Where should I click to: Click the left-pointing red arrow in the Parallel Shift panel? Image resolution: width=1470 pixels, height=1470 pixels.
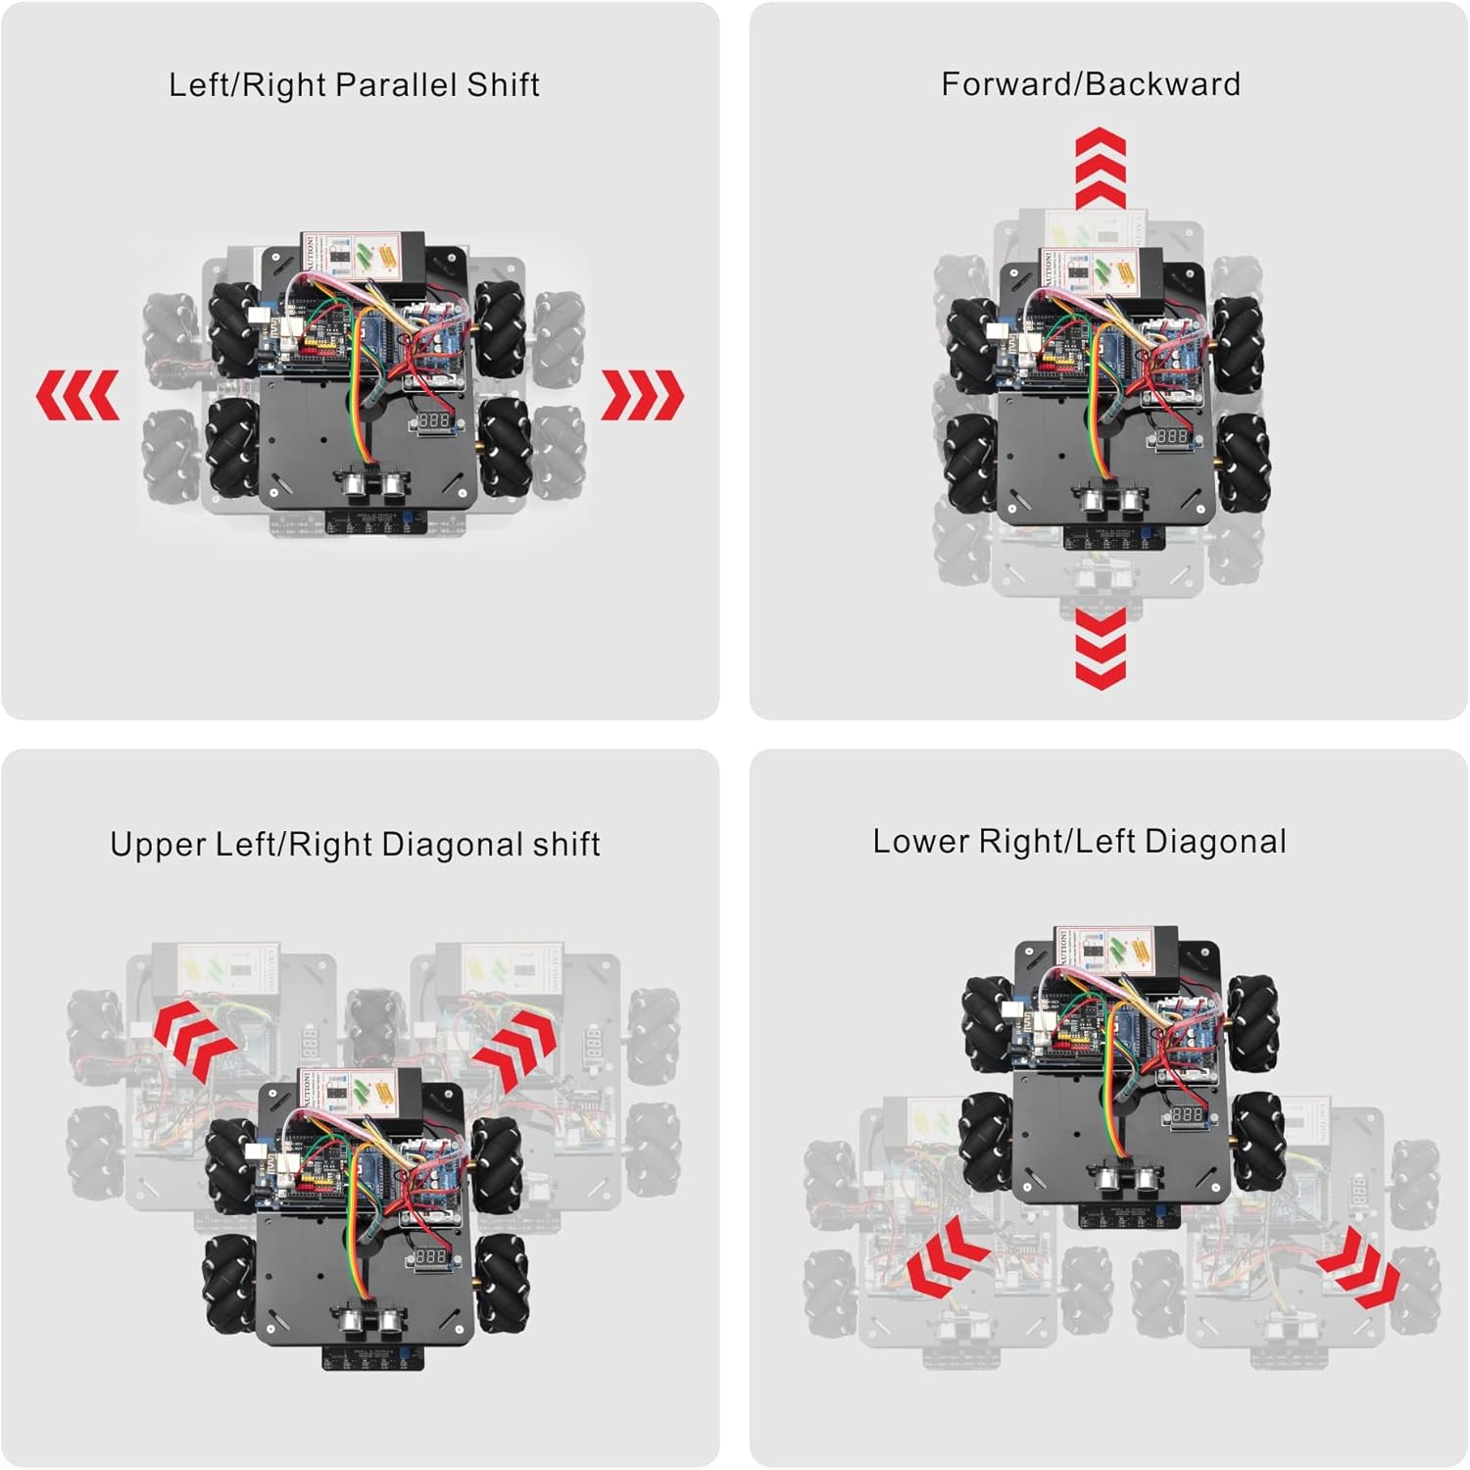click(x=77, y=395)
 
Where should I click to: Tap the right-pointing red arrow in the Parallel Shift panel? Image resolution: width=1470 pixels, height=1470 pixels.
click(x=642, y=395)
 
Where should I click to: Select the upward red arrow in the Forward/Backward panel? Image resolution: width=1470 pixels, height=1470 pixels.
click(x=1100, y=167)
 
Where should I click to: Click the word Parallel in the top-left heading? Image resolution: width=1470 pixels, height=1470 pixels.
click(x=396, y=84)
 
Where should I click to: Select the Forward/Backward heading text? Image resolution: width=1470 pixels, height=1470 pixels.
click(x=1091, y=84)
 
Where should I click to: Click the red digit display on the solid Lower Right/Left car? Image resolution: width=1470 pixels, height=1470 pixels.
click(x=1187, y=1115)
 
